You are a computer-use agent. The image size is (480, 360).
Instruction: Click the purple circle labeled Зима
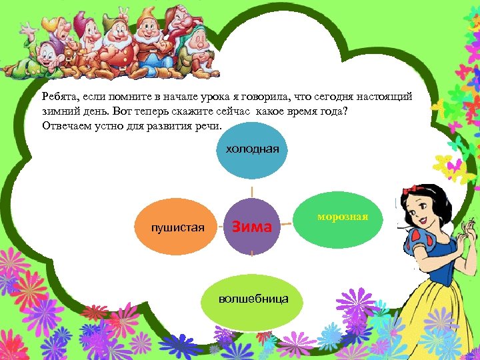coord(252,227)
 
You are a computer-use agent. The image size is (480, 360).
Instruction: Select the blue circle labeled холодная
coord(252,150)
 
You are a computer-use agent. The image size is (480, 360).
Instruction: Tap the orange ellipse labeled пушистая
coord(178,229)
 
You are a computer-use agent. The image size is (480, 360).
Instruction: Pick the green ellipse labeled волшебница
coord(253,299)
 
